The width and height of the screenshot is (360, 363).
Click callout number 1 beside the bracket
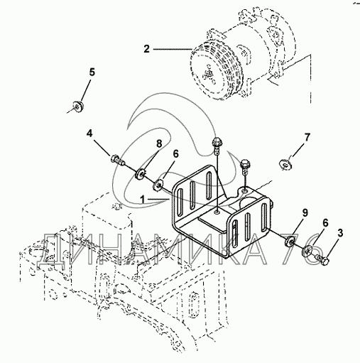pyautogui.click(x=143, y=200)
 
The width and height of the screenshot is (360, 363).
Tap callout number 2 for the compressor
pyautogui.click(x=147, y=49)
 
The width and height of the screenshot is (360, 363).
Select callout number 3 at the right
pyautogui.click(x=340, y=233)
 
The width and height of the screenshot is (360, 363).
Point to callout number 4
pyautogui.click(x=89, y=134)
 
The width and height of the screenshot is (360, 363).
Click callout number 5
pyautogui.click(x=92, y=72)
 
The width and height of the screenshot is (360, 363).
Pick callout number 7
pyautogui.click(x=307, y=137)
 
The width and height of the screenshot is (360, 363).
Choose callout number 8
pyautogui.click(x=159, y=143)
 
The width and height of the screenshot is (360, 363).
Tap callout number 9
pyautogui.click(x=305, y=212)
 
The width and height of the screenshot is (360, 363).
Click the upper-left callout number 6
pyautogui.click(x=175, y=154)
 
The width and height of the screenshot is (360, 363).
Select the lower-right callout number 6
pyautogui.click(x=325, y=223)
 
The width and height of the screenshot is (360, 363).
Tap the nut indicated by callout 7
pyautogui.click(x=285, y=164)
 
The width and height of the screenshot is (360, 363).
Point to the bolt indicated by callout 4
pyautogui.click(x=118, y=160)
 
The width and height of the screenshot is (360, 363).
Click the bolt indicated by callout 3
pyautogui.click(x=322, y=259)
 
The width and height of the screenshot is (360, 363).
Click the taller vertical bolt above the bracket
pyautogui.click(x=216, y=146)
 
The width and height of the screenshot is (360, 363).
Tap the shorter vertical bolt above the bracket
pyautogui.click(x=245, y=167)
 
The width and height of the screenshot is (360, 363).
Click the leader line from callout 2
pyautogui.click(x=173, y=49)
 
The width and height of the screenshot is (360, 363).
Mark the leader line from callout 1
pyautogui.click(x=158, y=200)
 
